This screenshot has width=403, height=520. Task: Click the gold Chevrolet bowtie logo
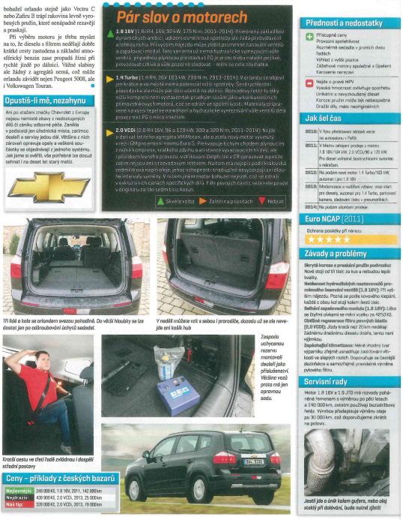point(49,181)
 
